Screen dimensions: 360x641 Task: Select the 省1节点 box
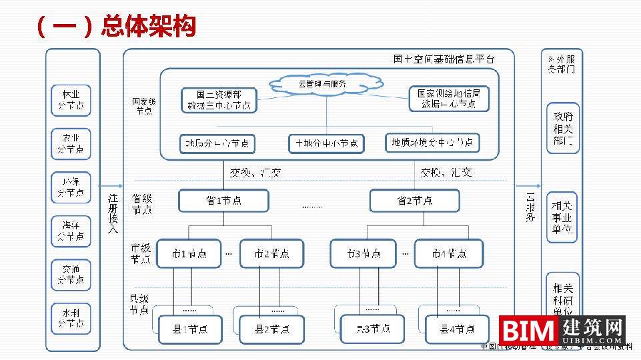(223, 201)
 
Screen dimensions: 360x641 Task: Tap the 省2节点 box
(414, 201)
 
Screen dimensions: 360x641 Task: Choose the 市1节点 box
(189, 254)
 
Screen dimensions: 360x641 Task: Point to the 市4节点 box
(448, 254)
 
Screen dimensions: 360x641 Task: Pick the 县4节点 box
(457, 329)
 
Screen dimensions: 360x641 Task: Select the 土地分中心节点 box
(326, 143)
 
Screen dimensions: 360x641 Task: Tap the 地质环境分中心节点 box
(432, 143)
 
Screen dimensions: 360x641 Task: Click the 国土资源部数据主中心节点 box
(219, 100)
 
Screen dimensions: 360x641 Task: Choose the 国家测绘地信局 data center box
(448, 99)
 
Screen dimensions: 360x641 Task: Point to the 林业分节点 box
(71, 100)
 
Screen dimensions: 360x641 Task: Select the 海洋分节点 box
(71, 231)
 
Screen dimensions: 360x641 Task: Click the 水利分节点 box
(71, 318)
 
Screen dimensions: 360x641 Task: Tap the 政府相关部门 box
(563, 128)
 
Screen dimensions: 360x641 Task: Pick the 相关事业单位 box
(563, 217)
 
